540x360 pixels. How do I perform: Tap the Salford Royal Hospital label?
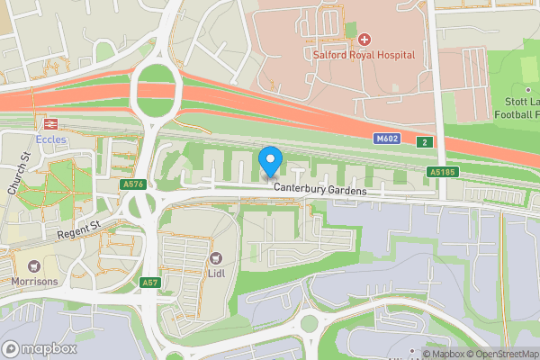[x=364, y=55]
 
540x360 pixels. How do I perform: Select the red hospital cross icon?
[x=364, y=40]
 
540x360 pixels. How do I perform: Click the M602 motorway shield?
[x=387, y=139]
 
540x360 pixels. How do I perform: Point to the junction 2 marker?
[x=424, y=141]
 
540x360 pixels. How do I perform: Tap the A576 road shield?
[x=132, y=184]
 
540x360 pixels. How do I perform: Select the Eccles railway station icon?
[x=50, y=124]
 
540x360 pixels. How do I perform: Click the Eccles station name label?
[x=50, y=139]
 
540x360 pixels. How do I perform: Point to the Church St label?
[x=19, y=173]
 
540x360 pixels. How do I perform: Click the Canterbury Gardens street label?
[x=321, y=191]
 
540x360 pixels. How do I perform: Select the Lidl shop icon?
[x=216, y=258]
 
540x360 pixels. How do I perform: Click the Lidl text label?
[x=216, y=273]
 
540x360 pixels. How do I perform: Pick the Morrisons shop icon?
[x=34, y=266]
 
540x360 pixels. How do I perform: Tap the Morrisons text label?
[x=34, y=282]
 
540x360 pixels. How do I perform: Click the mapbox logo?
[x=40, y=348]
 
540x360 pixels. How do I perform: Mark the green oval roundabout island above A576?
[x=157, y=90]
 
